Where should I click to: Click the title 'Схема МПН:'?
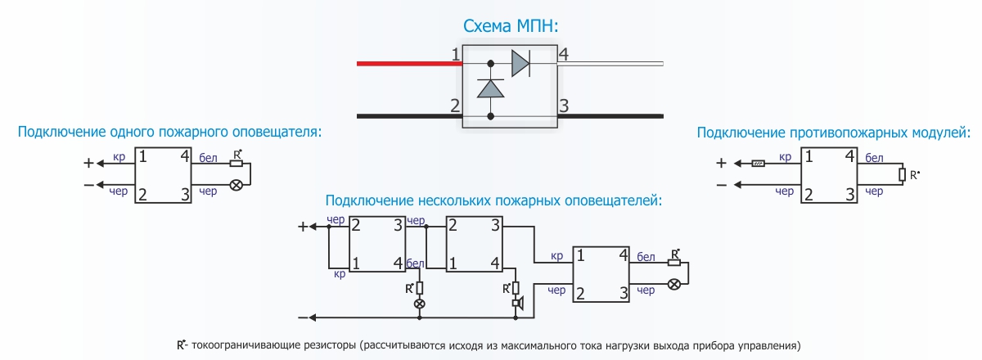511,26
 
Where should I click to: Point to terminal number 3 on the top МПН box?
563,105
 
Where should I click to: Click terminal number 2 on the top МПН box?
454,105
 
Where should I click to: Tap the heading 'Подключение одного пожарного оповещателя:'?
170,132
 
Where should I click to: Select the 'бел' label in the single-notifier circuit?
208,157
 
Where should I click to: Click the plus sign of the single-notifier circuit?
88,162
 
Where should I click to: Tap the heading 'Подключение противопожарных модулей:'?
833,132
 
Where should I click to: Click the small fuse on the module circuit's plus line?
759,164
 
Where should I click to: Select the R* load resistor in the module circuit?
902,174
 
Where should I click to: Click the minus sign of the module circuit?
721,185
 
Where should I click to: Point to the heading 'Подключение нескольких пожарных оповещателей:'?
493,200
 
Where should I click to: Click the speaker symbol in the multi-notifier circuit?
516,304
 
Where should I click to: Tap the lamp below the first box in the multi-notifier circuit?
420,304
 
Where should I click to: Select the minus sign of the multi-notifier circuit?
304,317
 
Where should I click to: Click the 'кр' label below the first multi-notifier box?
339,275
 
